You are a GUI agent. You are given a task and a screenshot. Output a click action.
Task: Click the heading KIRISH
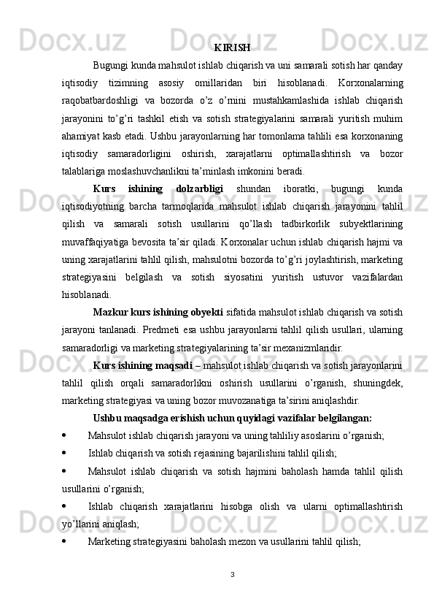pos(233,48)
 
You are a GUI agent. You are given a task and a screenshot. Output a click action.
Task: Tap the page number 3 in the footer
pos(232,573)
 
